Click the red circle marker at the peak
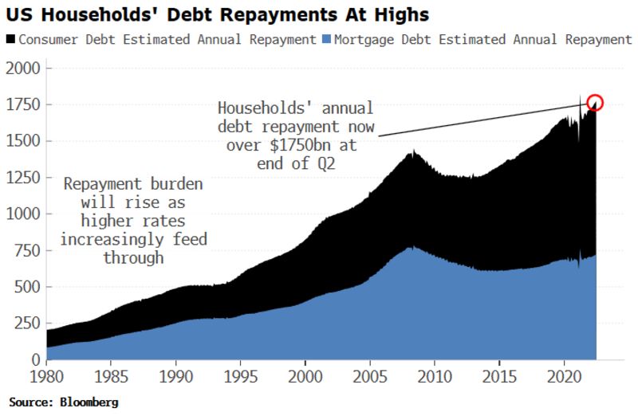[x=595, y=102]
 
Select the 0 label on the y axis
[x=33, y=359]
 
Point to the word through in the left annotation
[x=133, y=257]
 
